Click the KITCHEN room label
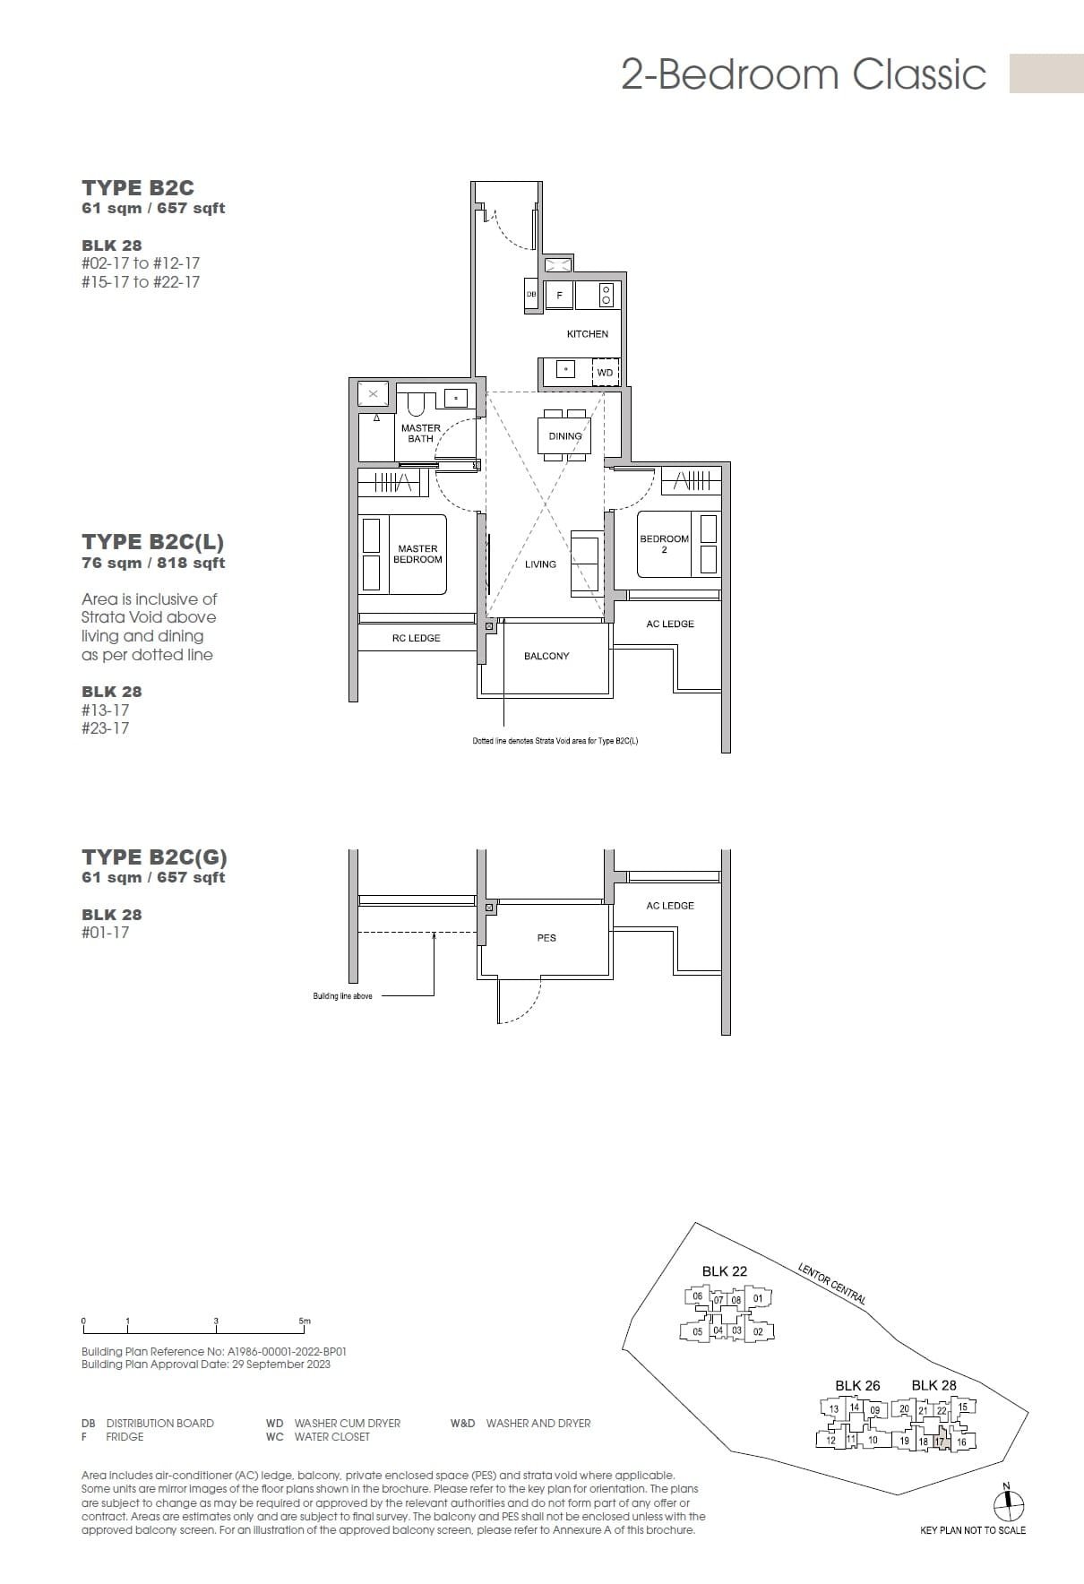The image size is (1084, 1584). pos(587,333)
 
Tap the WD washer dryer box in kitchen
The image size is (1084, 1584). pos(606,373)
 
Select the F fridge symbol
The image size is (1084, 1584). pos(560,295)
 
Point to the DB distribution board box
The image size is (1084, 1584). pos(531,295)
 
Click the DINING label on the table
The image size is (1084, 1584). pos(564,436)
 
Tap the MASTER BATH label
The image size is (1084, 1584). pos(420,434)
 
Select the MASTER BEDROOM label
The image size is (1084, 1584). pos(417,554)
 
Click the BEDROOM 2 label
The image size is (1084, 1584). pos(664,544)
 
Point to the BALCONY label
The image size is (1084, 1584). pos(546,656)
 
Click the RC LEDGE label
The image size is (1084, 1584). pos(416,638)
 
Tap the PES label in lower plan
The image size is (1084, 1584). pos(546,938)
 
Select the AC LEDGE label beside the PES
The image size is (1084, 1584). pos(670,906)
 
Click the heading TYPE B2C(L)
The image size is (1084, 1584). pos(152,542)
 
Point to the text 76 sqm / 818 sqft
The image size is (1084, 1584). pos(152,564)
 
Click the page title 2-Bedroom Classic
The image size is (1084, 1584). pos(804,74)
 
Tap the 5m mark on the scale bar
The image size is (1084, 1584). pos(305,1321)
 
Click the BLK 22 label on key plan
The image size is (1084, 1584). pos(724,1271)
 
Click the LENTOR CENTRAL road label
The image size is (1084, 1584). pos(831,1282)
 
